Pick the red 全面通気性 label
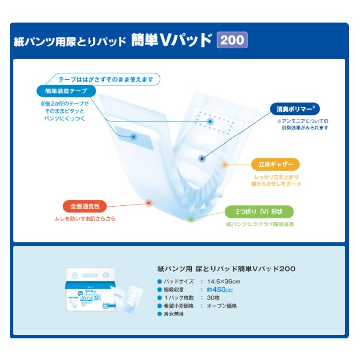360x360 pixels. coord(85,206)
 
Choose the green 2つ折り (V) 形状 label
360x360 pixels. coord(260,211)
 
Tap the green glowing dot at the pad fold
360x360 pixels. coord(192,218)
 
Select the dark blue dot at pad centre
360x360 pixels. coord(201,159)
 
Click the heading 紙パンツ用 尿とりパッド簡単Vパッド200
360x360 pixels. coord(226,269)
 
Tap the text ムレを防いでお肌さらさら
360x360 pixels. coord(85,218)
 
